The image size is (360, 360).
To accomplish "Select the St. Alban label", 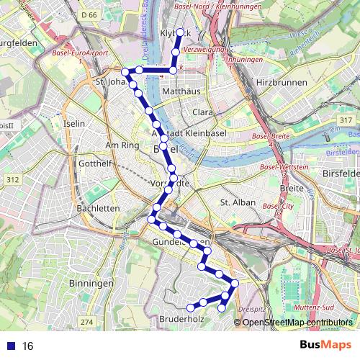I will tap(238, 202).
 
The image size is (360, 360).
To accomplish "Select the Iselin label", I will tap(74, 124).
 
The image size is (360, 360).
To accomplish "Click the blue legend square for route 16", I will tap(9, 346).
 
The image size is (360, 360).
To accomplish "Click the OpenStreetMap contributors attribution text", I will tap(297, 323).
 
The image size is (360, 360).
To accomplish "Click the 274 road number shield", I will tap(87, 321).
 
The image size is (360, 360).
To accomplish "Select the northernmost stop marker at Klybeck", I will tap(181, 32).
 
